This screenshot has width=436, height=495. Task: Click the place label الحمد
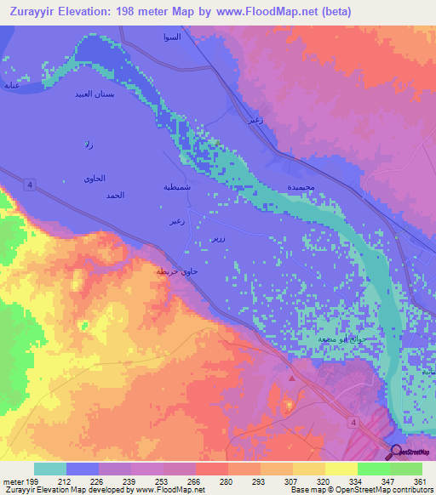coord(115,196)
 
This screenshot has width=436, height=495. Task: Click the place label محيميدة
coord(302,185)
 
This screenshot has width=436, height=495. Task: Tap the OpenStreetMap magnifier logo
coord(398,452)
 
